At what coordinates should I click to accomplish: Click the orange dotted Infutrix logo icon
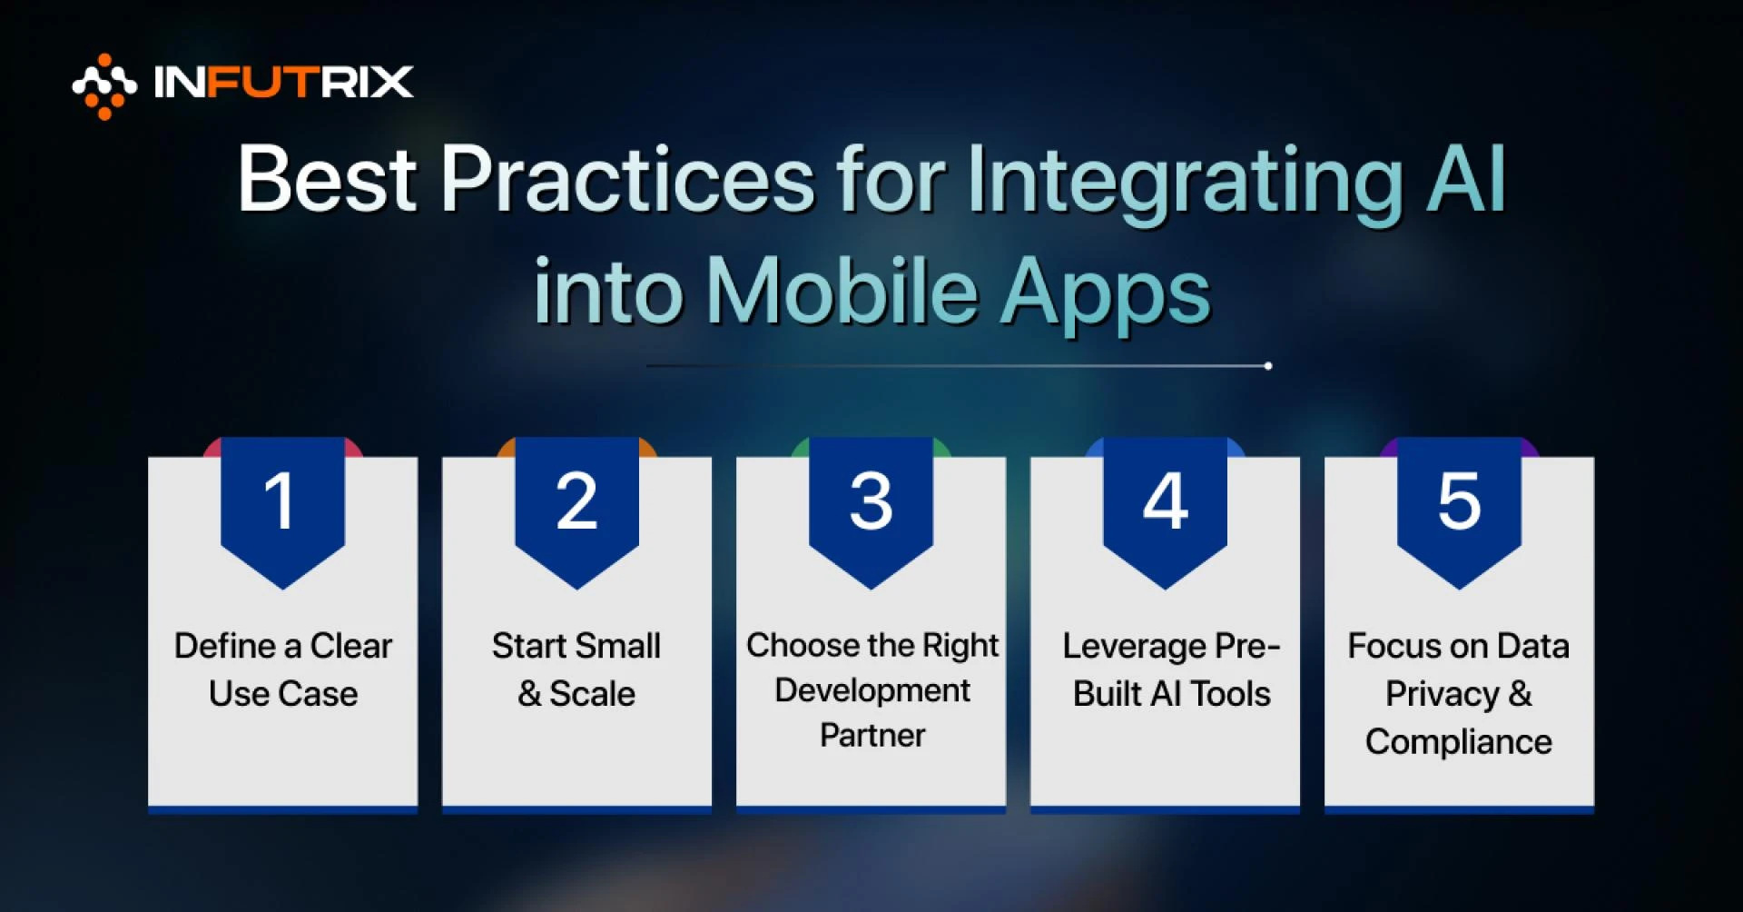(103, 86)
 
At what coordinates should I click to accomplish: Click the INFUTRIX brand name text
(283, 83)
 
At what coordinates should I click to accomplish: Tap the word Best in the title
(327, 179)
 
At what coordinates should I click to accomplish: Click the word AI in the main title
(1465, 179)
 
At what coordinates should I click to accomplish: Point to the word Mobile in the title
(842, 292)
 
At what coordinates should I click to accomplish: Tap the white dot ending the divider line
(1267, 366)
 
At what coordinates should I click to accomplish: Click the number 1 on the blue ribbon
(280, 501)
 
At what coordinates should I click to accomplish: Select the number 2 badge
(576, 501)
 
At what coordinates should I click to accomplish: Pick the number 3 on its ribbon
(871, 501)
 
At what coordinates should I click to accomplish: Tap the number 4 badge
(1165, 501)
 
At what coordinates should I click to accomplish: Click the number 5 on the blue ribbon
(1459, 501)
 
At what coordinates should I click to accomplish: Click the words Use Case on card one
(283, 694)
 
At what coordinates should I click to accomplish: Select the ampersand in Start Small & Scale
(529, 694)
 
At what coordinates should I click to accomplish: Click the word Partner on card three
(872, 735)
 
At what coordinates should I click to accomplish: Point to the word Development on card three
(872, 690)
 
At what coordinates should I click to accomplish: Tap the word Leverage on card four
(1134, 647)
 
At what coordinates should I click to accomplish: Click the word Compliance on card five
(1458, 742)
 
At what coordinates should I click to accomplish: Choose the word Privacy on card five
(1442, 695)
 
